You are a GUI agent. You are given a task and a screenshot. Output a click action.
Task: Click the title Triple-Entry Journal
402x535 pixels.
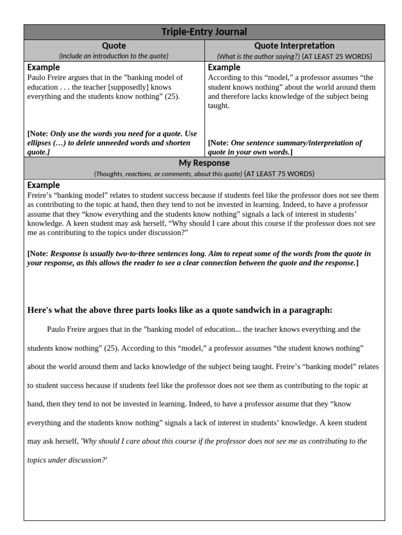[x=204, y=32]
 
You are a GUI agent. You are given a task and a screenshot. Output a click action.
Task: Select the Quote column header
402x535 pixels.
[x=114, y=45]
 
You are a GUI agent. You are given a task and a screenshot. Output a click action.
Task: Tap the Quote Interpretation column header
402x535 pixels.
[x=294, y=45]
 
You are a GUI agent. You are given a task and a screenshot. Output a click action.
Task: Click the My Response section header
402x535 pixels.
[x=204, y=163]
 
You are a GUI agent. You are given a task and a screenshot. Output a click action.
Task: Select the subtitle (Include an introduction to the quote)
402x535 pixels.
[x=114, y=56]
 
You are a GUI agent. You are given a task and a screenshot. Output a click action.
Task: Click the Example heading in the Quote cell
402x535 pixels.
[x=43, y=67]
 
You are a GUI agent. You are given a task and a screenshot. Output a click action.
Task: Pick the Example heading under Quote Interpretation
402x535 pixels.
[x=224, y=67]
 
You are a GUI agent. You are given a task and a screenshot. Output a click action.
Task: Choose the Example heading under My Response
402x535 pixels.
[x=43, y=185]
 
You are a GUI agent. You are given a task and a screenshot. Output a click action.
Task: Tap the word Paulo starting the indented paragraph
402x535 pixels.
[x=57, y=329]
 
